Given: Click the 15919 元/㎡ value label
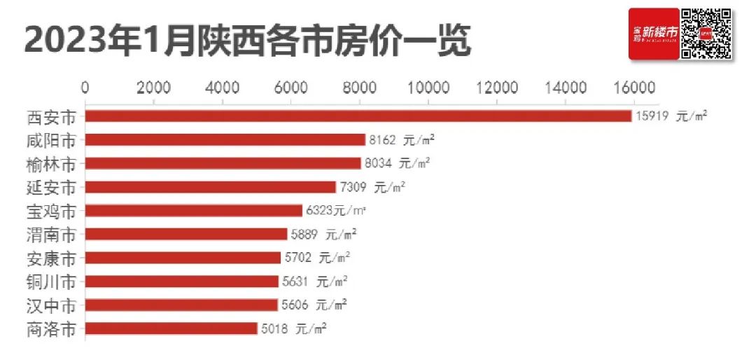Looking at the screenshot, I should coord(671,116).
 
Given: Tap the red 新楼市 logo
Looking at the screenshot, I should coord(654,34).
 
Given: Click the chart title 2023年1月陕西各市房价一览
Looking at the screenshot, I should coord(248,41).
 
